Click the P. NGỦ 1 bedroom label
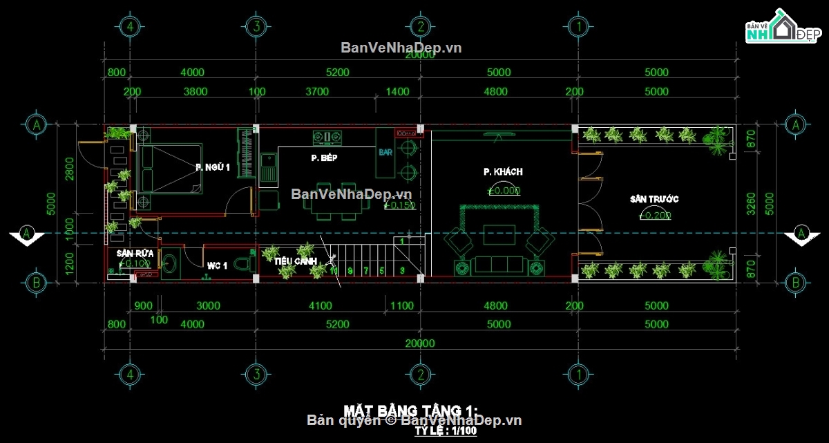[x=213, y=167]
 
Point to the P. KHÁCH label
[x=503, y=171]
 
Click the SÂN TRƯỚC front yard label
[x=654, y=199]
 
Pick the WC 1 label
[x=217, y=265]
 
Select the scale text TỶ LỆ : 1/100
[x=445, y=431]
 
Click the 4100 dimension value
[x=321, y=305]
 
